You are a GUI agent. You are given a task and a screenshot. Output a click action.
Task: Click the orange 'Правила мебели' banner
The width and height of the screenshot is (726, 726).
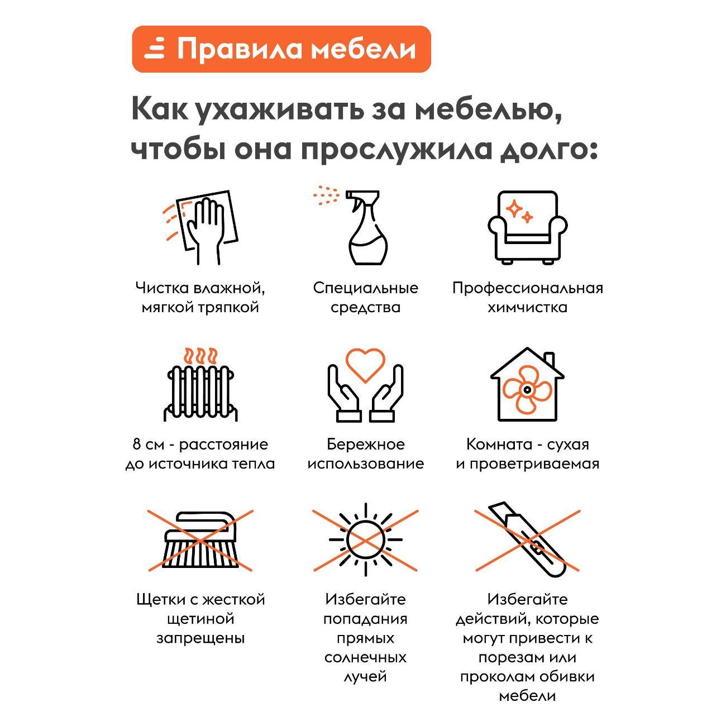click(281, 49)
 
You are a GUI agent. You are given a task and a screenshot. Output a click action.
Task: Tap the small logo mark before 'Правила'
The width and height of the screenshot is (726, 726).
click(155, 49)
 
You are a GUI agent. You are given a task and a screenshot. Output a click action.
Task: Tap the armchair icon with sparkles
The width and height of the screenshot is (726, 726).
click(527, 227)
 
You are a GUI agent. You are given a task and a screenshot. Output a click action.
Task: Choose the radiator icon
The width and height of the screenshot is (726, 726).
click(200, 386)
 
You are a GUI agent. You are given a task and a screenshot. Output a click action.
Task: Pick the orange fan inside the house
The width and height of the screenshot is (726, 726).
click(526, 389)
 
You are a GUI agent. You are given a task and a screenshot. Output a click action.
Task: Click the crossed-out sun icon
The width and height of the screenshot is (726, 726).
click(365, 539)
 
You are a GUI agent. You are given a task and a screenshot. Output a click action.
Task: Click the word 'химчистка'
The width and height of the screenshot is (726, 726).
click(527, 308)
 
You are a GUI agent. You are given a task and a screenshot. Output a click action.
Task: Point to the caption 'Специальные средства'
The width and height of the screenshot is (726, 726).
click(365, 298)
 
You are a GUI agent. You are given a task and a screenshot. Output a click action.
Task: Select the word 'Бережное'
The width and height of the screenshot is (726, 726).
click(365, 445)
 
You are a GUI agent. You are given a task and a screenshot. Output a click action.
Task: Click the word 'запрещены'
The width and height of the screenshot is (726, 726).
click(200, 638)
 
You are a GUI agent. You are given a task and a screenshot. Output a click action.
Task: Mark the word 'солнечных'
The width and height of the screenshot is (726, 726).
click(365, 657)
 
